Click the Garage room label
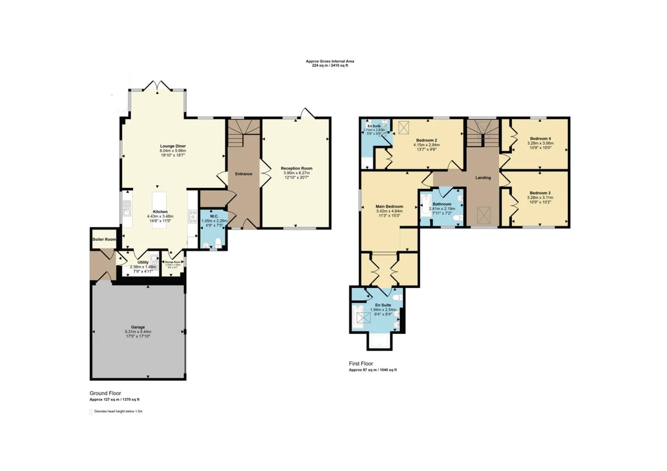point(138,327)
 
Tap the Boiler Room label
point(104,239)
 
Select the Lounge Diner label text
point(173,146)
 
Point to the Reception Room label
point(297,168)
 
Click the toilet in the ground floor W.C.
point(218,243)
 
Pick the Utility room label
point(143,262)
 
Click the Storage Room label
point(173,262)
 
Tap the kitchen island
point(159,207)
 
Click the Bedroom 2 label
point(426,140)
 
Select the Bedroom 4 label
point(540,139)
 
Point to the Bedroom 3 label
point(540,193)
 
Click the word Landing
point(483,177)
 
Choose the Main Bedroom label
point(389,206)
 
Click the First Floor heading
point(361,363)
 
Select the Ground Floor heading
point(105,393)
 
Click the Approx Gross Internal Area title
point(330,61)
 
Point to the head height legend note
point(118,411)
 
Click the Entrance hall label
point(244,174)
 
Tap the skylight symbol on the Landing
point(483,215)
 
